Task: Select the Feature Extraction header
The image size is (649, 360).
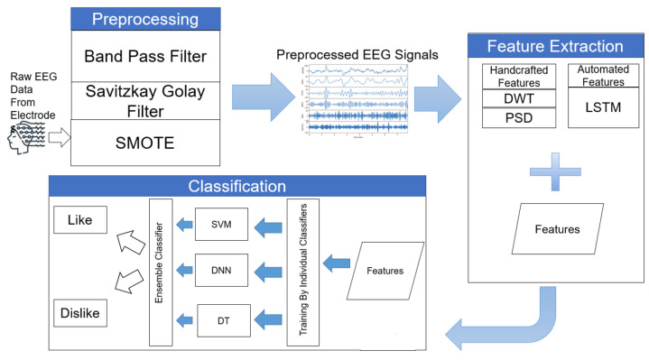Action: pos(554,44)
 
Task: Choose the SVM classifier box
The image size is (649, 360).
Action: pos(220,224)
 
